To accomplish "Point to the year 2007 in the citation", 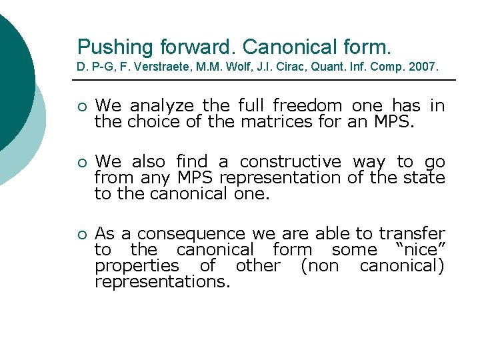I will pos(424,67).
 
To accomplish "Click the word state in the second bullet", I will pos(427,177).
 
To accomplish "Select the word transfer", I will pos(412,234).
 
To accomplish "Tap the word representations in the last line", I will pos(162,281).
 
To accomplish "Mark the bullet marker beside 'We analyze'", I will pos(81,107).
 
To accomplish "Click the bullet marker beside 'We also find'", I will pos(81,163).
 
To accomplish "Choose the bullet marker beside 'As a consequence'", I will pos(81,235).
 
